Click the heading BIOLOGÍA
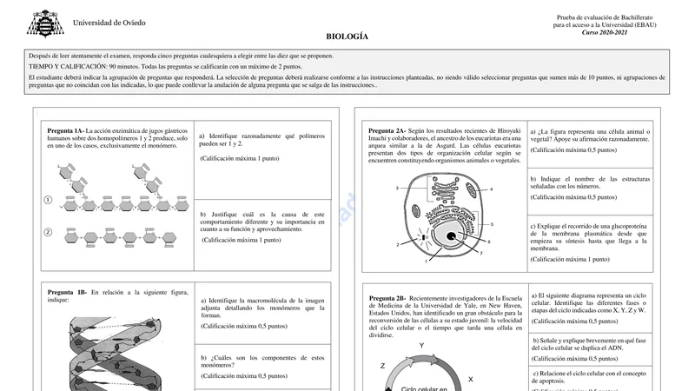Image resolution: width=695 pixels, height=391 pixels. pos(347,36)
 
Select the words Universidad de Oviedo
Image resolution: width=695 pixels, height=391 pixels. pos(109,23)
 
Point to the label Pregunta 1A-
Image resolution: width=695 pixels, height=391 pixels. pos(66,130)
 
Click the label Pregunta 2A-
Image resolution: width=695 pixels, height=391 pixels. pos(387,130)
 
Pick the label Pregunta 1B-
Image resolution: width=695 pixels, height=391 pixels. pos(67,293)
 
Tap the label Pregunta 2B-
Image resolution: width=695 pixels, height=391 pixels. pos(387,298)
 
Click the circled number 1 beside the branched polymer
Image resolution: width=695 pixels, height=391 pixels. pos(48,201)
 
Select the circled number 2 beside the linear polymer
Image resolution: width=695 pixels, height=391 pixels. pos(48,232)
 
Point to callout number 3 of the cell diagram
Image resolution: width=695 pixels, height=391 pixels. pos(397,189)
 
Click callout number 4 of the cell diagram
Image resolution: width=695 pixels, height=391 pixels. pos(491,189)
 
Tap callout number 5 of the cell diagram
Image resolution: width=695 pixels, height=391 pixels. pos(492,224)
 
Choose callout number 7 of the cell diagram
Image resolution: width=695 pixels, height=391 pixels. pos(480,254)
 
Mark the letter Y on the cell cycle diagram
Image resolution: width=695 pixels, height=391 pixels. pos(421,346)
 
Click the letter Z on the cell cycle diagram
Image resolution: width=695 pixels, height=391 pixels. pos(382,367)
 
